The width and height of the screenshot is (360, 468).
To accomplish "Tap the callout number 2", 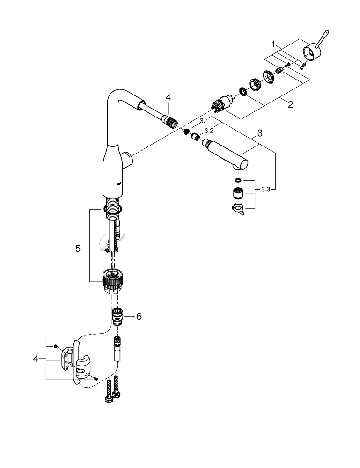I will click(290, 104).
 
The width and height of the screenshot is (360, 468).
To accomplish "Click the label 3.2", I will click(209, 130).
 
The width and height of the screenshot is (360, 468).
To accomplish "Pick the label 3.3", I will click(265, 189).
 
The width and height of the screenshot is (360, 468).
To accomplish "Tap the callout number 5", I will click(78, 249).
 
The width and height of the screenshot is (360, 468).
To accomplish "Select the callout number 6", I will click(139, 316).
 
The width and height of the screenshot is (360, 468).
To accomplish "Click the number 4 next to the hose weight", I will click(36, 359).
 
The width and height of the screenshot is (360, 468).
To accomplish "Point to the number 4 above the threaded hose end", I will click(168, 97).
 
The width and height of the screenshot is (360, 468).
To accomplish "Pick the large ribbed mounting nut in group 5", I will click(112, 279).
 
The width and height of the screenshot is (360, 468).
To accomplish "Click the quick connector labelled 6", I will click(118, 317).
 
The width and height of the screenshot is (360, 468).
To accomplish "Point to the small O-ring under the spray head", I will click(238, 180).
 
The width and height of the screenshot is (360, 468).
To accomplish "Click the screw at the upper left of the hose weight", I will click(55, 346).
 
